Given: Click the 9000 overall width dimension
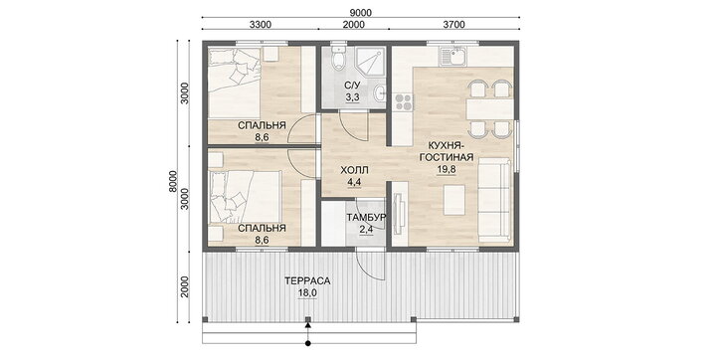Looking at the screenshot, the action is click(360, 12).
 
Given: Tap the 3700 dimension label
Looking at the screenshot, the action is click(453, 24).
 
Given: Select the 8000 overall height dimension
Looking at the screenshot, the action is click(173, 182).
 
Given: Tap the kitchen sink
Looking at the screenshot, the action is click(452, 57).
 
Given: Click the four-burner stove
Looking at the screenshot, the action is click(403, 102).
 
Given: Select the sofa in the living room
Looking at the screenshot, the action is click(494, 200).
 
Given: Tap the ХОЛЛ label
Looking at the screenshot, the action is click(354, 170).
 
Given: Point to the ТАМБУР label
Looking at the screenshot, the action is click(366, 217).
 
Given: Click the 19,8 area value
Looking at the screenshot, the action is click(446, 169).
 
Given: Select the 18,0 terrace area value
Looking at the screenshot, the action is click(307, 293).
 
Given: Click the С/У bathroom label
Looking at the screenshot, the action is click(353, 86).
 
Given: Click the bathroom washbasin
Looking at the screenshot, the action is click(379, 93).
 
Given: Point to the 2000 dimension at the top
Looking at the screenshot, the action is click(354, 24).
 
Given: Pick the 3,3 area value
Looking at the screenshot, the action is click(353, 97).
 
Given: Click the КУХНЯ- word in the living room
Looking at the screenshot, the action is click(446, 145).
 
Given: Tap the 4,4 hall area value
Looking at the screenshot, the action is click(354, 182).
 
